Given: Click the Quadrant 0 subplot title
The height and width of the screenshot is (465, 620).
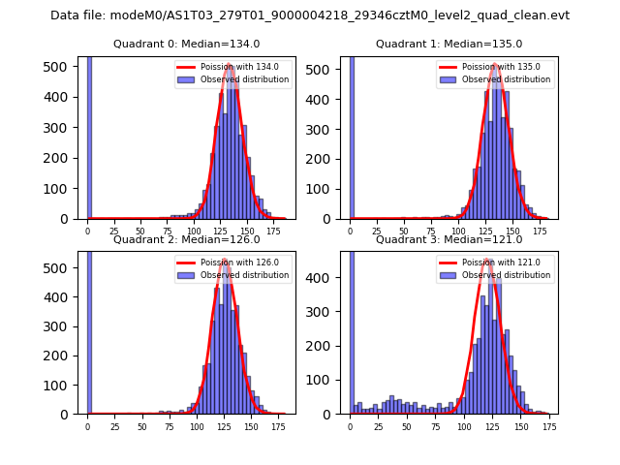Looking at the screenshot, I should coord(186,44).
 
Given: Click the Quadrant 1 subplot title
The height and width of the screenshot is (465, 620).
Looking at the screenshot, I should coord(449,44).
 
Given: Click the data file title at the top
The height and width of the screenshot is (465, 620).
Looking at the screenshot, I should coord(310,15).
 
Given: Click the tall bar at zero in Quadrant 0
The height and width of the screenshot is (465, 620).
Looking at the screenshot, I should coord(89,136).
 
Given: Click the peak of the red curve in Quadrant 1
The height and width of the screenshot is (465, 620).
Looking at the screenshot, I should coord(494,66).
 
